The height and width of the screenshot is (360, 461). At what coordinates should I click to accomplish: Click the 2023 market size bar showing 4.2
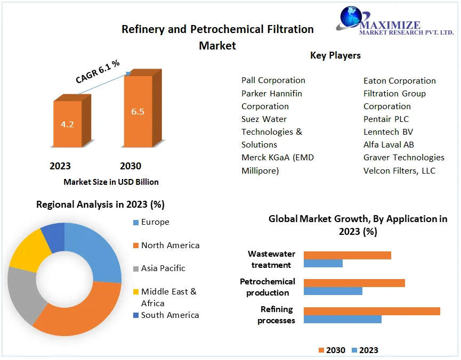click(67, 124)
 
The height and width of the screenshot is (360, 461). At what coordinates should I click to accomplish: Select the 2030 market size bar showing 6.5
click(138, 112)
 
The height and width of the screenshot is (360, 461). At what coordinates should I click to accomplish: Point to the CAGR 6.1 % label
click(98, 72)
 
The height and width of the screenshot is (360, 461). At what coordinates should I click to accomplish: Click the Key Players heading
click(335, 55)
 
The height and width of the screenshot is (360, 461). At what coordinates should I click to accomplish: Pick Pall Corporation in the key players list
click(273, 80)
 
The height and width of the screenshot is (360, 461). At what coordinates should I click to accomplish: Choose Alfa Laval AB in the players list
click(389, 144)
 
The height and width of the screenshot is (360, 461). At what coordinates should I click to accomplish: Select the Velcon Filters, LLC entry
click(399, 170)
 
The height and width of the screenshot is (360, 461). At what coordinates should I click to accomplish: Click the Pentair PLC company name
click(386, 119)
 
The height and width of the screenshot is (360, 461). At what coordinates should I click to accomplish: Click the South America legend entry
click(169, 315)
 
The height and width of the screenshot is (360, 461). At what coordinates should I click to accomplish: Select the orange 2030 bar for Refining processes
click(371, 311)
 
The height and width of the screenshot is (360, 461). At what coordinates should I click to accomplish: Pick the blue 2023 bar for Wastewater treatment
click(323, 263)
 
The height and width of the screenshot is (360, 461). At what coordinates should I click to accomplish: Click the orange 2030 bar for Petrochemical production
click(354, 283)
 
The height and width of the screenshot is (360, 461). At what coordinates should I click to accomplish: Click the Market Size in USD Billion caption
click(111, 182)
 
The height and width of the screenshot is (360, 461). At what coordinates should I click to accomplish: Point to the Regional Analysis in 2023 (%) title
click(100, 204)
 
